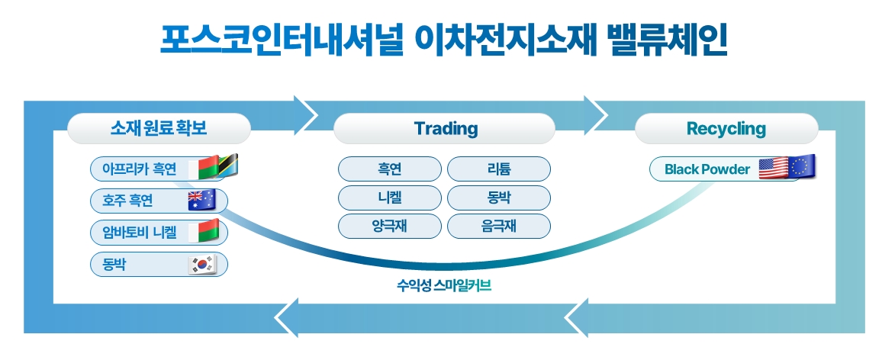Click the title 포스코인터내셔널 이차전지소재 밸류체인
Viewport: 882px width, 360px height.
coord(444,40)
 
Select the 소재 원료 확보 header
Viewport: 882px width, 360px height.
coord(159,129)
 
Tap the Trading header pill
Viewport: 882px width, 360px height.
coord(444,129)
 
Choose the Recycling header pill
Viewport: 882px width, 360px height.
coord(726,129)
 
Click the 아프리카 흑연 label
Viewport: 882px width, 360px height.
coord(139,169)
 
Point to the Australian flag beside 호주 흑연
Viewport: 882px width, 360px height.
coord(202,201)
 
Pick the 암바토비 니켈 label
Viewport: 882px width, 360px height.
coord(139,233)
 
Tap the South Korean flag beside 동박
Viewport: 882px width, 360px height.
coord(202,264)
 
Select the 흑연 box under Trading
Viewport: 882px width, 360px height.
coord(390,169)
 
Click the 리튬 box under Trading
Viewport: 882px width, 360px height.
coord(499,169)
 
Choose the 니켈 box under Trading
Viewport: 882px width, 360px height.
coord(390,198)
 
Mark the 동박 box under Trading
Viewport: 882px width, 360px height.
coord(499,198)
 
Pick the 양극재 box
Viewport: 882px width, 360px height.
coord(390,226)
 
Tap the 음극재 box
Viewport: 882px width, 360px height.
coord(499,226)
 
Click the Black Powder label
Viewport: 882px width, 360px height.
coord(707,169)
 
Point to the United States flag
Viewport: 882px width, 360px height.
coord(774,169)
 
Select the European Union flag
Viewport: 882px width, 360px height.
coord(802,167)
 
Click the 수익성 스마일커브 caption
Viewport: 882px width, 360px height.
coord(444,286)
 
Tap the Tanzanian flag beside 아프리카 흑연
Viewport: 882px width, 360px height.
coord(228,167)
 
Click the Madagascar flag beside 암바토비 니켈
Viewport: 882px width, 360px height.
coord(202,232)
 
